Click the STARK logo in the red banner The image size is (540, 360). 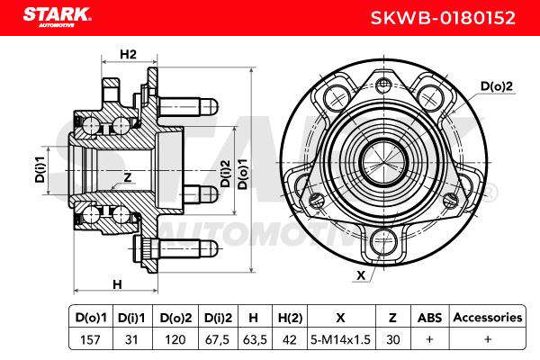pyautogui.click(x=57, y=16)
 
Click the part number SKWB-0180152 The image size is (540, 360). pyautogui.click(x=443, y=18)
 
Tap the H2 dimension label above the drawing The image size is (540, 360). pyautogui.click(x=128, y=54)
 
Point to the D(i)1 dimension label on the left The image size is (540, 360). pyautogui.click(x=40, y=169)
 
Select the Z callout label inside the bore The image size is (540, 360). pyautogui.click(x=128, y=177)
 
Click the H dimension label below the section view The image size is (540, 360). pyautogui.click(x=117, y=284)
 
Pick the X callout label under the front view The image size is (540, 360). pyautogui.click(x=361, y=275)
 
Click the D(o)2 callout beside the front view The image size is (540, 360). pyautogui.click(x=496, y=86)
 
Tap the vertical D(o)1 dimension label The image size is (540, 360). pyautogui.click(x=243, y=174)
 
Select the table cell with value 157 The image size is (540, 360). pyautogui.click(x=90, y=339)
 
